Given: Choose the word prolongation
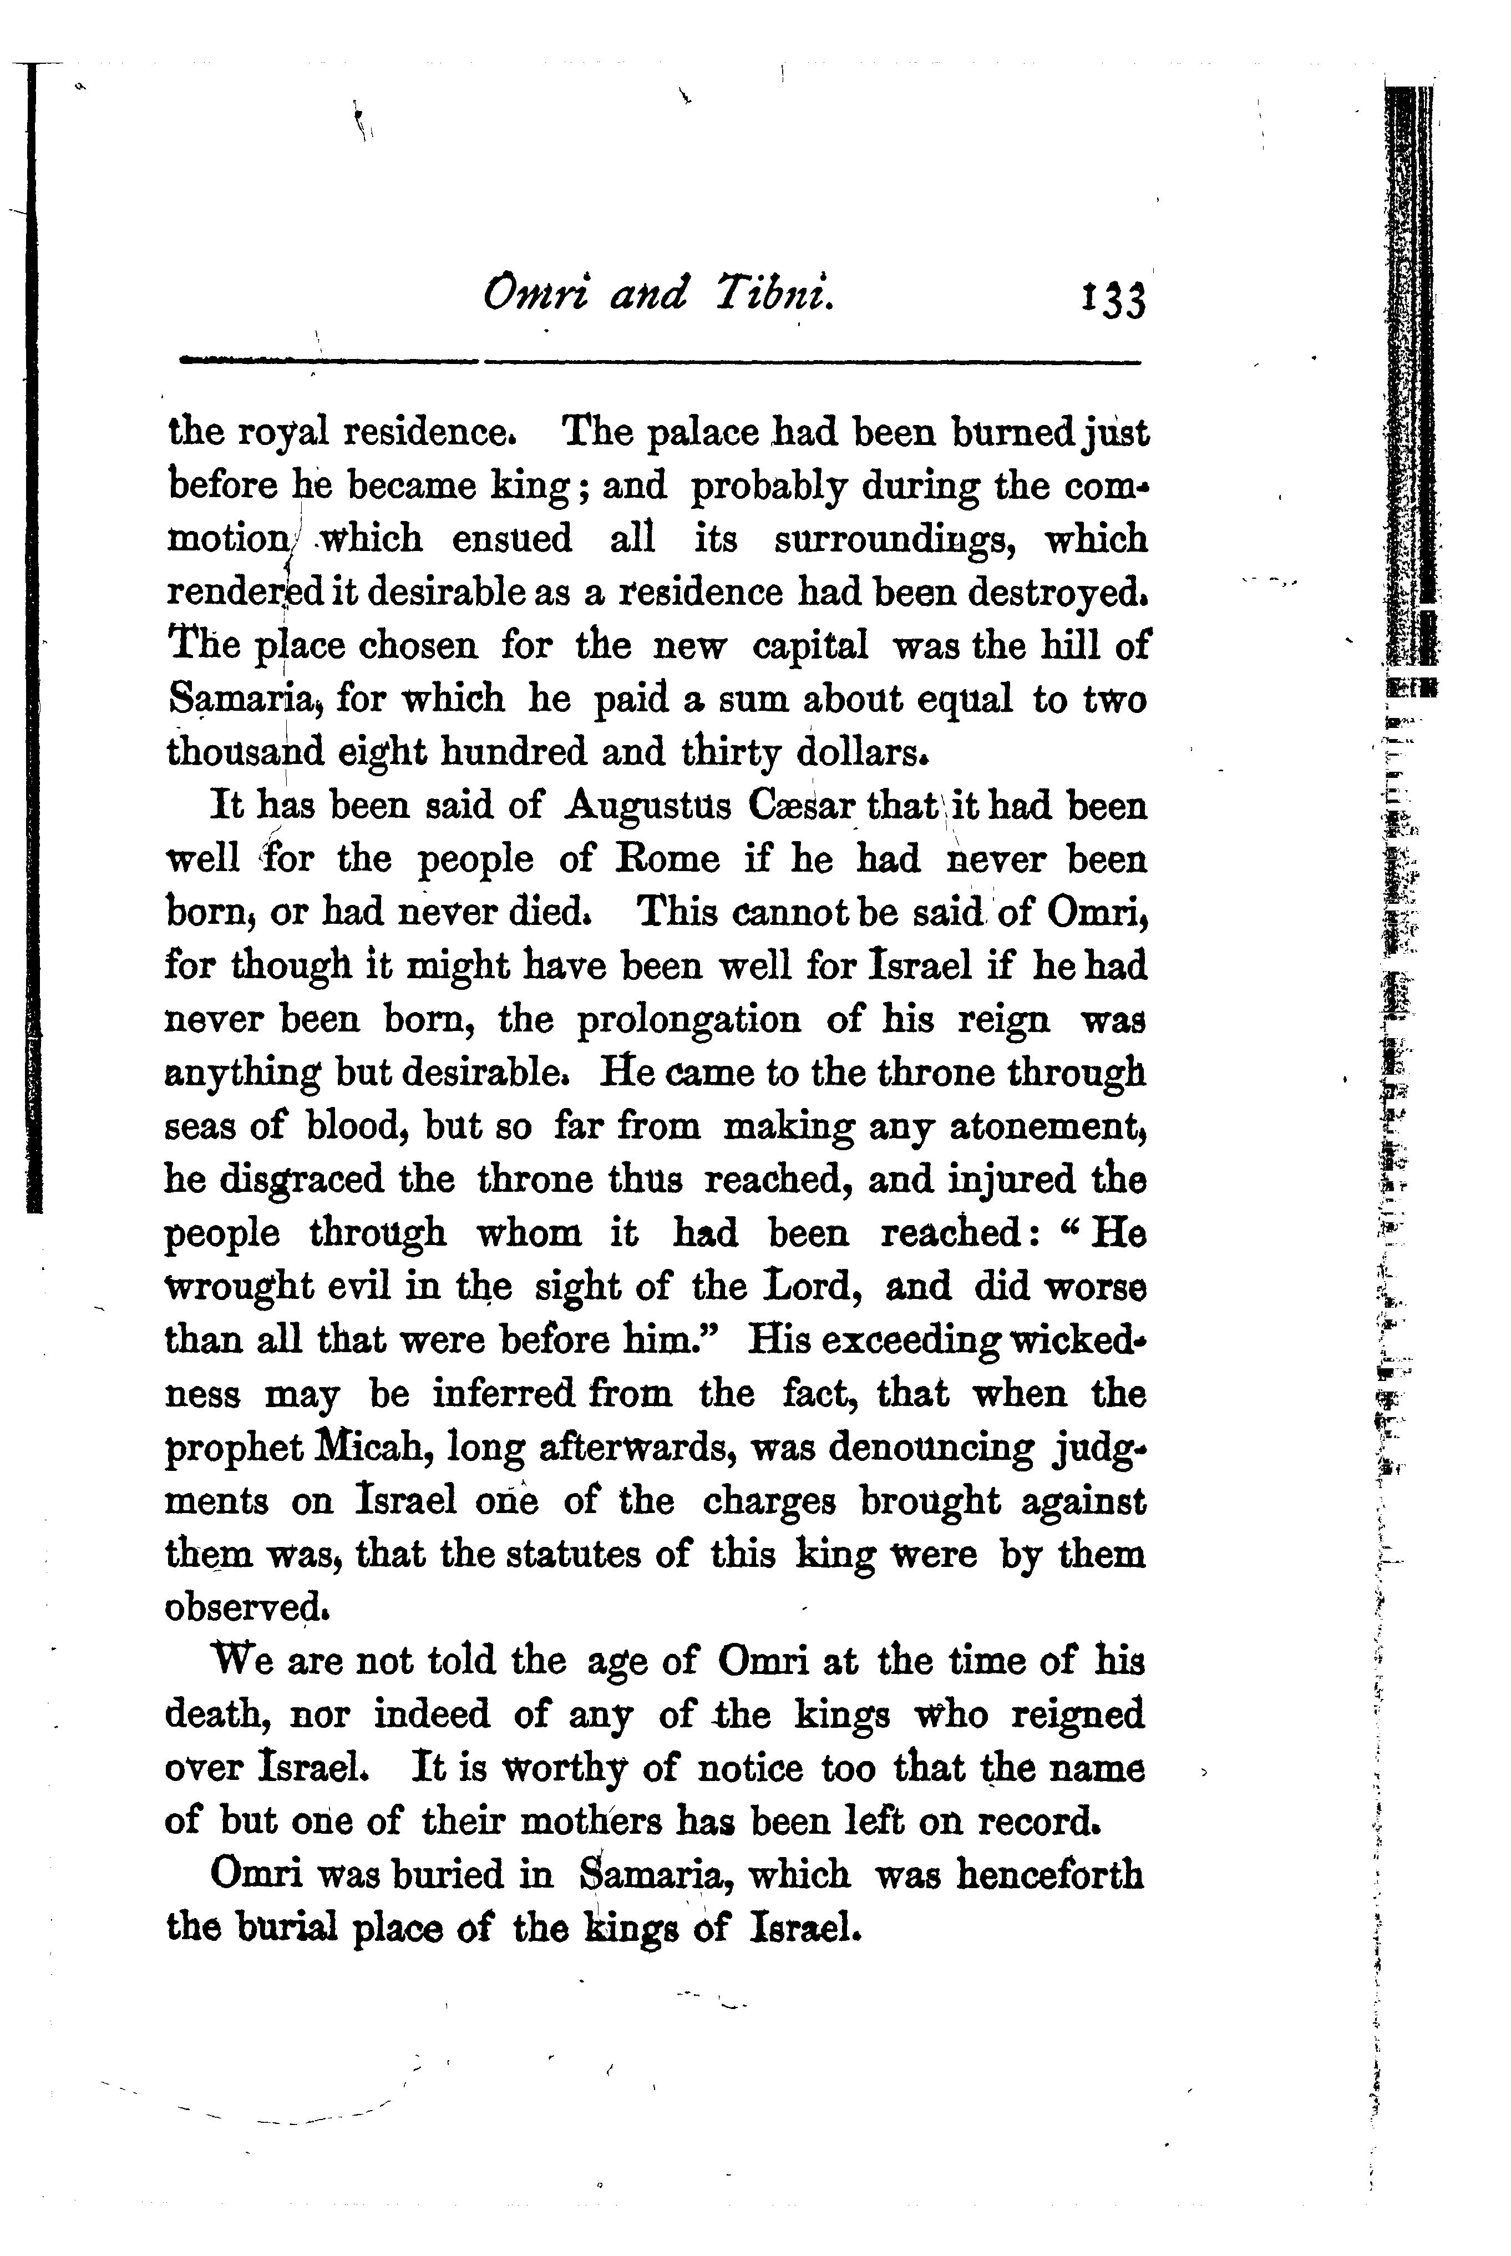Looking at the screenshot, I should click(x=688, y=1020).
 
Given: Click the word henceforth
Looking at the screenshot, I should click(x=1051, y=1875).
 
